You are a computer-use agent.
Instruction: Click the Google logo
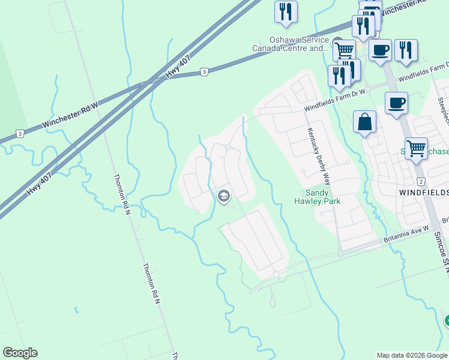(20, 353)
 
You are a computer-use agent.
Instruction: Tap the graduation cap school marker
(224, 196)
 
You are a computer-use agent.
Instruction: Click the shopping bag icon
(364, 123)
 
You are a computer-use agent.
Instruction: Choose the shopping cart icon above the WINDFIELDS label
(415, 148)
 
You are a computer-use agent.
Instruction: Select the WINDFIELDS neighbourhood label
(424, 192)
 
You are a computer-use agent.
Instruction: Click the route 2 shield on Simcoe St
(421, 181)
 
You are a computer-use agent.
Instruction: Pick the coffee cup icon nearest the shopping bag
(396, 104)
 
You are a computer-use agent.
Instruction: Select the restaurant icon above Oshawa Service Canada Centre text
(286, 11)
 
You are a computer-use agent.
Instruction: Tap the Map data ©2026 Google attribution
(412, 355)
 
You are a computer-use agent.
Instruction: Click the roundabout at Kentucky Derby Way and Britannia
(340, 253)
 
